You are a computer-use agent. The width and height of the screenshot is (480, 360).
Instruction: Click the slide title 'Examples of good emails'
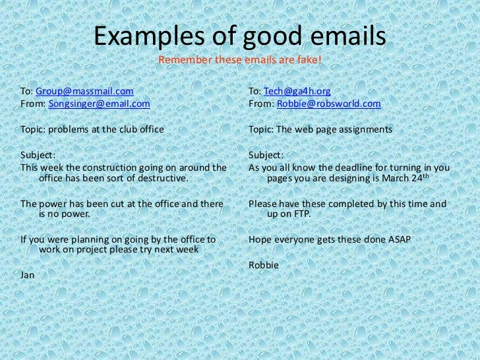239,38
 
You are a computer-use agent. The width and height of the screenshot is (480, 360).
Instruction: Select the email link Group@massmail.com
84,91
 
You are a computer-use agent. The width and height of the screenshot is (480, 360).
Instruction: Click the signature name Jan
28,274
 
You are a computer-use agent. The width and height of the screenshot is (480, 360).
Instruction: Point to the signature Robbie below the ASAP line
264,265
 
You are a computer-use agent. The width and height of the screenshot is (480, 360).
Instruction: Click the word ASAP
398,240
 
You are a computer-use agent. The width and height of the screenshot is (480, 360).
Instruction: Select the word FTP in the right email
300,214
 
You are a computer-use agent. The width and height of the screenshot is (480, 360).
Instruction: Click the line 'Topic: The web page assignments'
320,129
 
